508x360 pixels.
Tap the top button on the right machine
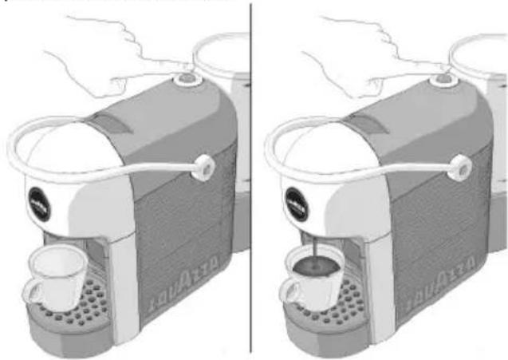pos(439,78)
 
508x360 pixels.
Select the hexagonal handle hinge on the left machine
pos(205,166)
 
